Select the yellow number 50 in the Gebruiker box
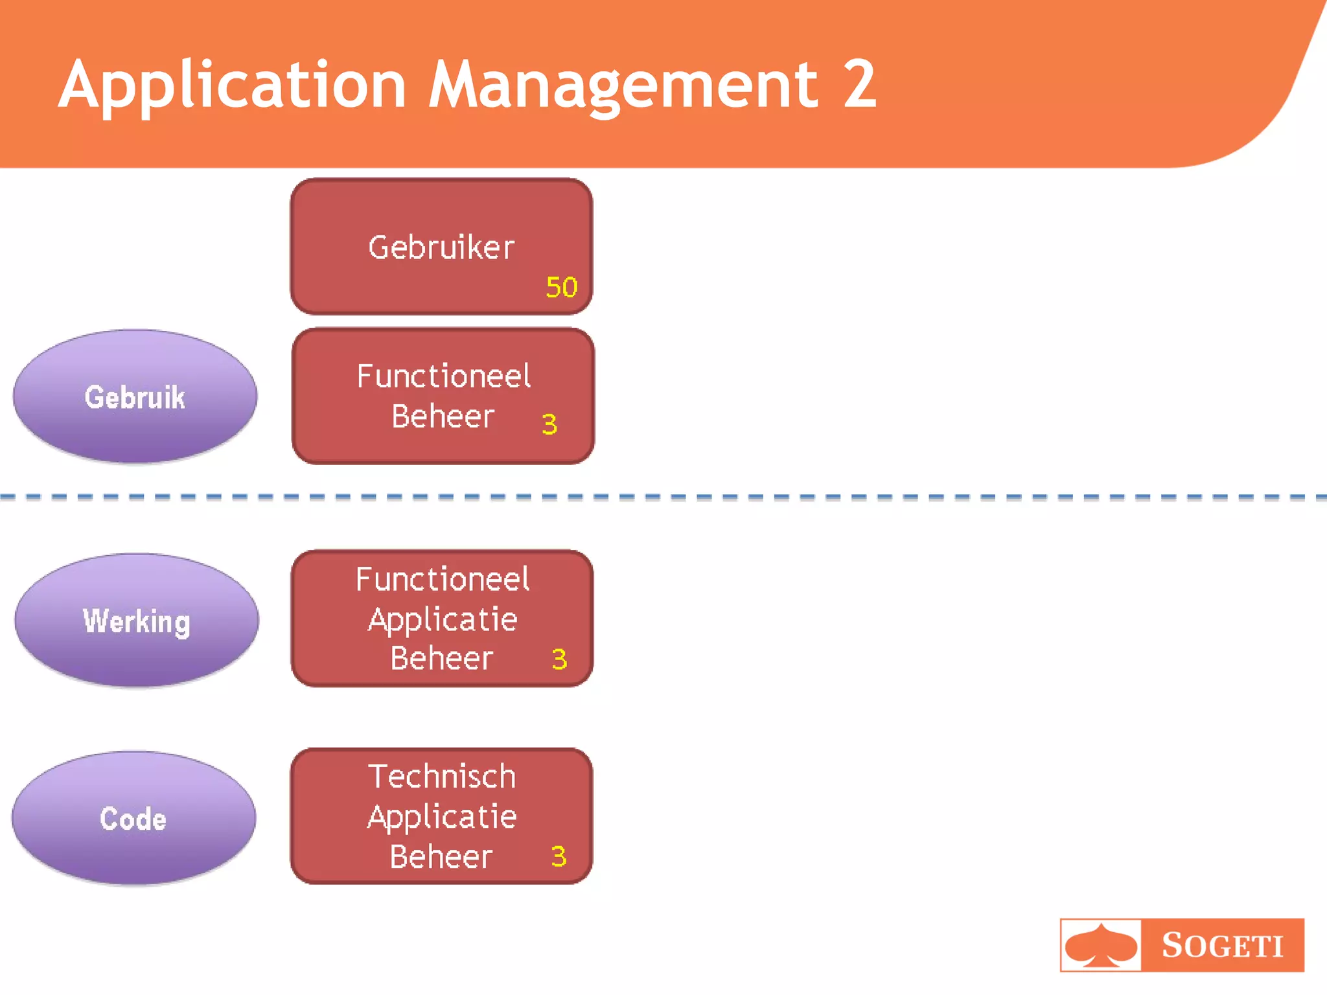(x=561, y=287)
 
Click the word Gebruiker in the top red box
(x=441, y=247)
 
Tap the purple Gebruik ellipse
(x=135, y=397)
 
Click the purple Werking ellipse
(x=137, y=621)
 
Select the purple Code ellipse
(x=133, y=819)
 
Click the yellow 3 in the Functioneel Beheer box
(x=549, y=424)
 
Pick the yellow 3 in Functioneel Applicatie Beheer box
(x=559, y=659)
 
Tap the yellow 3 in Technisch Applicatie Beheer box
(x=559, y=856)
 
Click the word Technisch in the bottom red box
(x=442, y=776)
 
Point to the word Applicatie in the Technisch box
(x=442, y=818)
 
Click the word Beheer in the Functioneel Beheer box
(x=443, y=417)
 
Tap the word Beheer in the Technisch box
(x=441, y=857)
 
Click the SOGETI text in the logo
(x=1222, y=945)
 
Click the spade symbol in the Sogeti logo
(x=1101, y=945)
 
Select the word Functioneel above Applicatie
(x=443, y=579)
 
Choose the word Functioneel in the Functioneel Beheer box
(x=444, y=376)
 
